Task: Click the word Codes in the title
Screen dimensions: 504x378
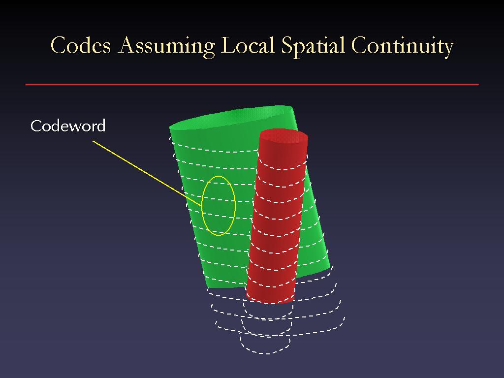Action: coord(81,45)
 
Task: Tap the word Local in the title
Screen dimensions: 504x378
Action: coord(248,45)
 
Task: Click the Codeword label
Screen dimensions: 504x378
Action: coord(68,126)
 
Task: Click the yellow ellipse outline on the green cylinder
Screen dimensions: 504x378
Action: coord(202,206)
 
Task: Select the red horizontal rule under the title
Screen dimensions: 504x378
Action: coord(252,85)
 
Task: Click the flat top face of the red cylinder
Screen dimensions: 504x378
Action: coord(283,136)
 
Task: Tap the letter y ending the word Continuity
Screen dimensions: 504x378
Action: coord(447,50)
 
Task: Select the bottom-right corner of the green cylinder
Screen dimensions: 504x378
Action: coord(330,267)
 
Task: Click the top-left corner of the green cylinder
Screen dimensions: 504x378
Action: coord(170,127)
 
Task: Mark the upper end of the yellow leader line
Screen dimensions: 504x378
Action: coord(93,141)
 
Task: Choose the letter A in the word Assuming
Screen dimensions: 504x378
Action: coord(127,45)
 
